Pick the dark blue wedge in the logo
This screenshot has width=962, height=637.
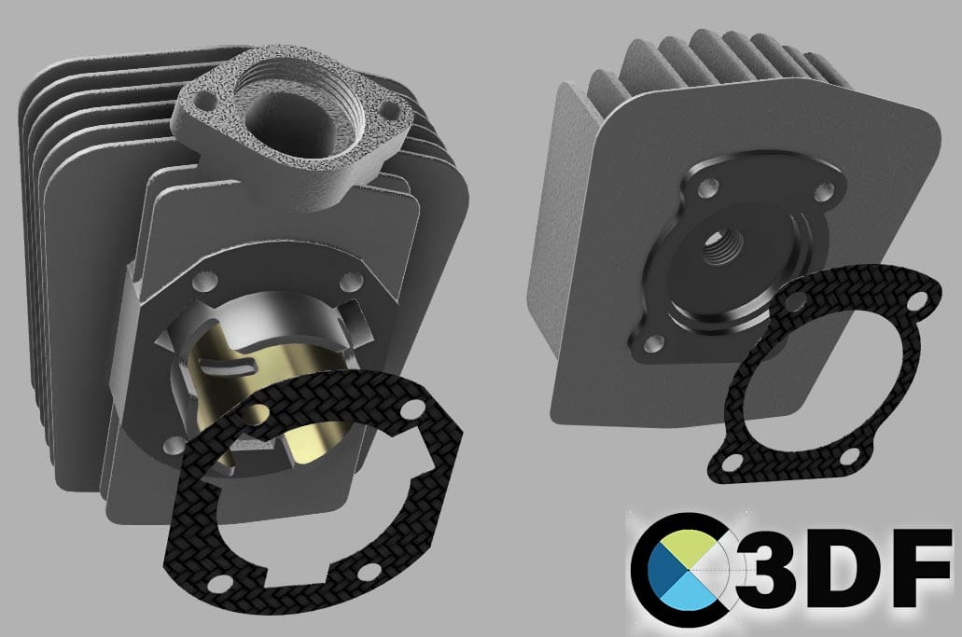click(x=667, y=574)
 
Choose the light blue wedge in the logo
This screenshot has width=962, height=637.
click(x=691, y=593)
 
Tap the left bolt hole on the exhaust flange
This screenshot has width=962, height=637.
click(x=200, y=101)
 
